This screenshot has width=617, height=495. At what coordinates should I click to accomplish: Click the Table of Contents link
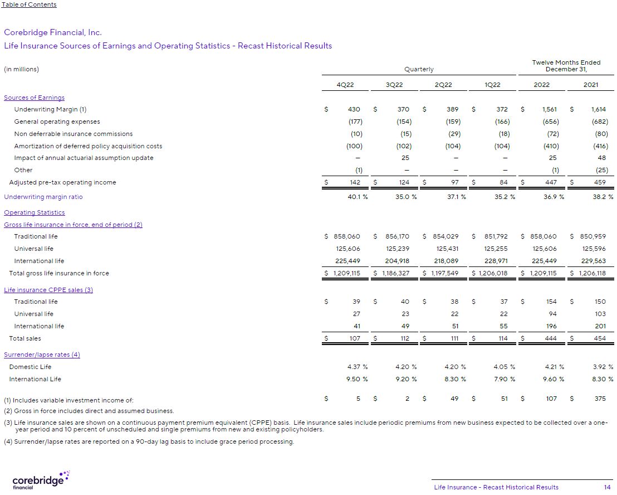coord(29,4)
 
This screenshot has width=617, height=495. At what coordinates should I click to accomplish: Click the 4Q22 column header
coord(345,85)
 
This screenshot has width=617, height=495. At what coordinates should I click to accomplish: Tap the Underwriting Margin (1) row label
coord(50,110)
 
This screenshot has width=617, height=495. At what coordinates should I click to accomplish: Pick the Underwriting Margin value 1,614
coord(599,110)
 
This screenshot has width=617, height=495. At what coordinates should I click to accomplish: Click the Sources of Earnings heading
coord(34,98)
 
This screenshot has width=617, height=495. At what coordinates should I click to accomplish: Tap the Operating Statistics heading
coord(34,212)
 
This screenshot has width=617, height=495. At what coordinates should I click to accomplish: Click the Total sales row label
coord(25,338)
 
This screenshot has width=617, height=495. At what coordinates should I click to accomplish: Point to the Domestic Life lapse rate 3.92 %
coord(602,367)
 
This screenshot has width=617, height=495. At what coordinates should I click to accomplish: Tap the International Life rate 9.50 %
coord(356,379)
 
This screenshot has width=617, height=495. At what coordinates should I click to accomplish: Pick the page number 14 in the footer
coord(607,487)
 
